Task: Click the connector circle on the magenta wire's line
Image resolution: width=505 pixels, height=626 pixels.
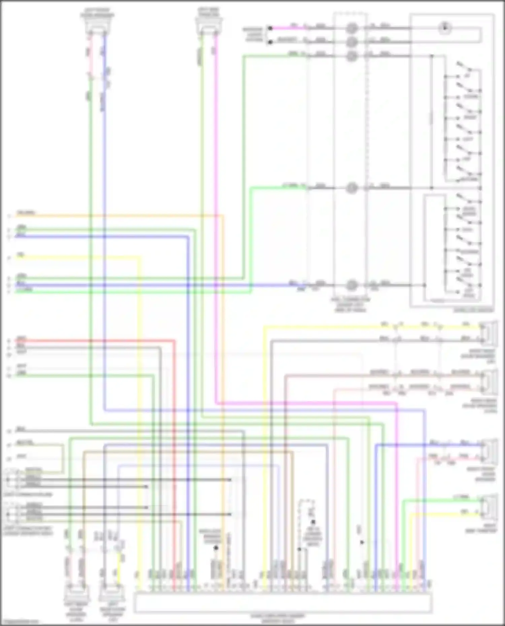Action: pos(351,28)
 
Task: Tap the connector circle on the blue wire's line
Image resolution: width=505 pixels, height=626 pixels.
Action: pos(351,285)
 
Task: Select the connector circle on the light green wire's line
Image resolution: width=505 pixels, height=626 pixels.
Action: pos(351,188)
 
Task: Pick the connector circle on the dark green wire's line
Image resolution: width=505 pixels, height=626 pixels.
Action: pos(351,56)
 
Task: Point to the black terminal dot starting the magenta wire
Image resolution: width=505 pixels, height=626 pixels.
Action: pos(270,28)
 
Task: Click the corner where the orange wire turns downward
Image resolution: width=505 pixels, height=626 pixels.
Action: pos(223,216)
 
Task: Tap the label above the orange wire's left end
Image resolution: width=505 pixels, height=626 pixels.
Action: pos(26,212)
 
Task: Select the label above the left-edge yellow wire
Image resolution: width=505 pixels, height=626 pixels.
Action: pos(21,255)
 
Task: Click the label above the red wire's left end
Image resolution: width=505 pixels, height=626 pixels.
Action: pos(21,338)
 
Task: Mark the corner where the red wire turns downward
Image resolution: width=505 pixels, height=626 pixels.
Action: pos(174,341)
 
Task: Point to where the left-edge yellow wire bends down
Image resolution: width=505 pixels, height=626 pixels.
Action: pos(139,258)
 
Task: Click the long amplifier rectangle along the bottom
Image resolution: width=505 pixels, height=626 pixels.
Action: pos(283,603)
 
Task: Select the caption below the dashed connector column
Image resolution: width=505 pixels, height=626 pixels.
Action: pos(350,304)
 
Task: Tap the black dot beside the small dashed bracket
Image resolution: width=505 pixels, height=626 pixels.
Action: pos(313,522)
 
